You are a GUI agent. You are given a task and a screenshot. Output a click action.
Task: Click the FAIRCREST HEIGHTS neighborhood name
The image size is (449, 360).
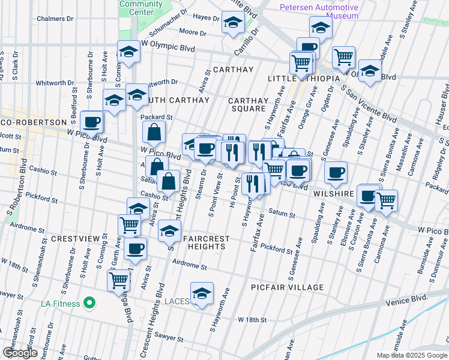206,243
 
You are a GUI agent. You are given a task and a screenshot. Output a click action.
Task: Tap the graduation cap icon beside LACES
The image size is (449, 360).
202,293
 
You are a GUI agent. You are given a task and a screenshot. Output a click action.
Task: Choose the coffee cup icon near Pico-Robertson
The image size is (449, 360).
92,122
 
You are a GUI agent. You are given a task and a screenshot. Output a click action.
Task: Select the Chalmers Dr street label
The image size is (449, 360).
55,19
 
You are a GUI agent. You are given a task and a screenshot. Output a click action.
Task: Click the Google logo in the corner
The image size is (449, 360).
20,353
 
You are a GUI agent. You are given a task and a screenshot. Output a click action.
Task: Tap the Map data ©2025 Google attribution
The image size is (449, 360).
412,355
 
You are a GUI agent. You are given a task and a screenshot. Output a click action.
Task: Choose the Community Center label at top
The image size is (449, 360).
141,8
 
